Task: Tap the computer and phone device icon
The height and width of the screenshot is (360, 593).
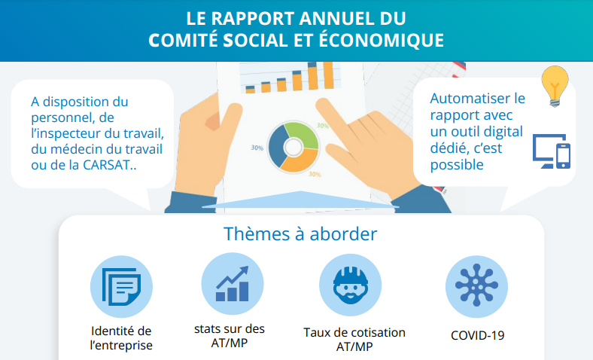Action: [552, 151]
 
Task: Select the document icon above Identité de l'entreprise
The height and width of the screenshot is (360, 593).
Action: [121, 286]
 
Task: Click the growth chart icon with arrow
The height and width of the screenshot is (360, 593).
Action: [233, 283]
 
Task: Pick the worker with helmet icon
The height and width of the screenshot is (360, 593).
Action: [351, 285]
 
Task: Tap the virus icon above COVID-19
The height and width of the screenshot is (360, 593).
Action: [476, 285]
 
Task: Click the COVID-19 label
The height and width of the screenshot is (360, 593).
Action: [477, 335]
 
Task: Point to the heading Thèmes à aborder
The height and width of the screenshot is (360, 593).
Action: [300, 234]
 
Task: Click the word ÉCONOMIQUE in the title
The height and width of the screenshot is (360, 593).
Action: [382, 40]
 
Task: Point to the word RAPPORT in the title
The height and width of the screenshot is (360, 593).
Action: [253, 19]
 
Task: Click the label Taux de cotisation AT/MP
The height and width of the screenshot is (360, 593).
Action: [354, 339]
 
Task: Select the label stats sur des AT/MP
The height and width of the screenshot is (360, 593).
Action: [230, 336]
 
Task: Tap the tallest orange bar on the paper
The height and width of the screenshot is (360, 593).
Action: [328, 75]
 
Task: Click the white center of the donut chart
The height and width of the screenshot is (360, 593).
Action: [293, 148]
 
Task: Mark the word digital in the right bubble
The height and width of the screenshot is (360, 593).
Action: [503, 131]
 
